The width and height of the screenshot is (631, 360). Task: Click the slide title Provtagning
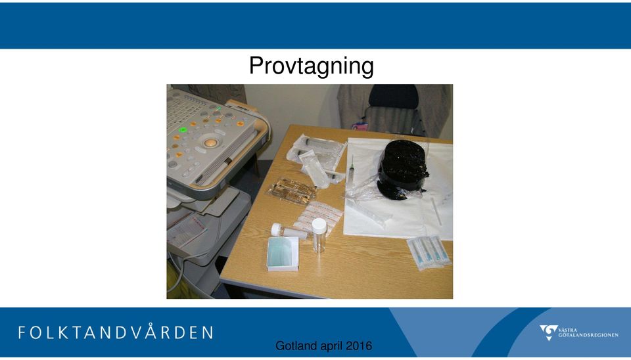click(x=311, y=66)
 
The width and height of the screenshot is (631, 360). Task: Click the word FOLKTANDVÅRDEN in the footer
click(x=116, y=332)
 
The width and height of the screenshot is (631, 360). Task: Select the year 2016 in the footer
click(x=359, y=346)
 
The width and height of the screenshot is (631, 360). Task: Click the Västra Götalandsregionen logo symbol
click(x=548, y=332)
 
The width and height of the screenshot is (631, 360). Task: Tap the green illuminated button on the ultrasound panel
click(x=183, y=130)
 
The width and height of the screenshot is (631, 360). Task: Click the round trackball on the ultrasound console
click(x=210, y=143)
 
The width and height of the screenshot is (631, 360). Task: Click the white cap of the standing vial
click(x=319, y=225)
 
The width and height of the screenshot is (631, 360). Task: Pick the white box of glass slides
click(x=283, y=254)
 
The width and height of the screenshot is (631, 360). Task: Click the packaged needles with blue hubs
click(x=429, y=252)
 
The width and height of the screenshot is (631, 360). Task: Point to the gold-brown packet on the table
click(x=292, y=191)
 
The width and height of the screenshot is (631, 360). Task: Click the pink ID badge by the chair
click(x=360, y=126)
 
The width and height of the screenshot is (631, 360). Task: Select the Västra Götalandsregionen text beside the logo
click(x=588, y=332)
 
